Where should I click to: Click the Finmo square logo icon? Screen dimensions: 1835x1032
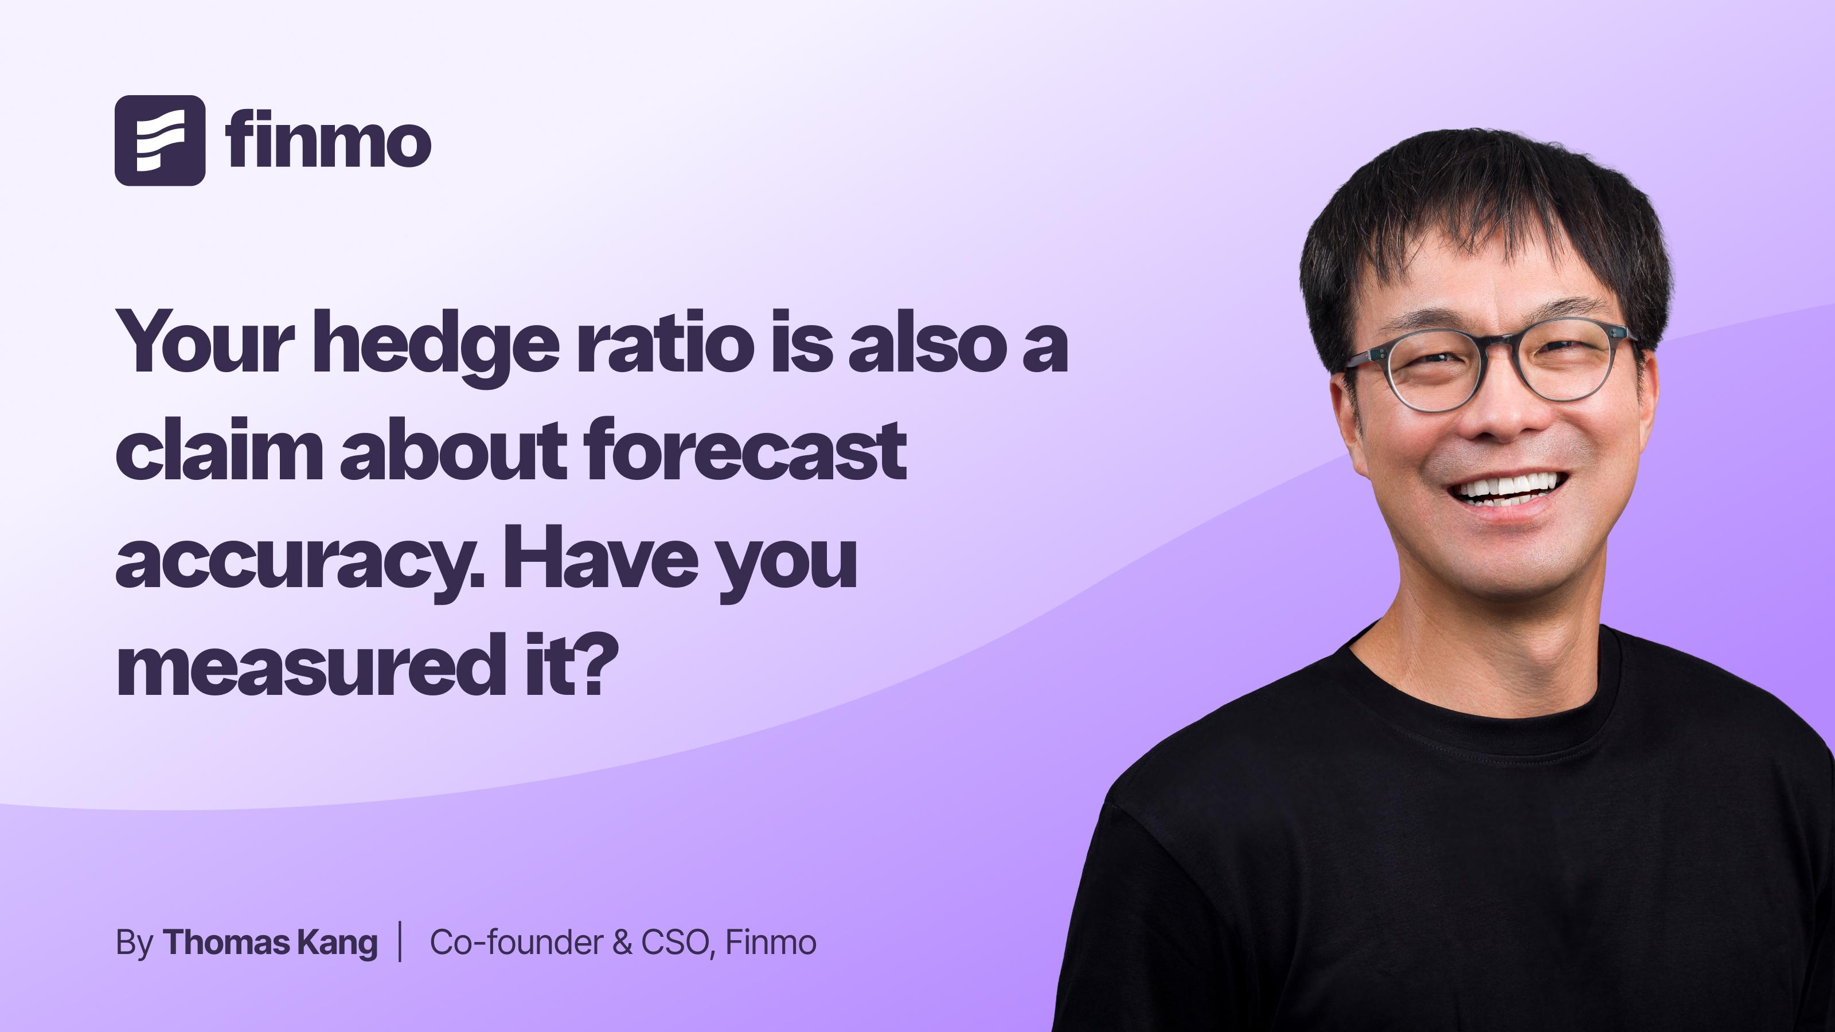tap(159, 140)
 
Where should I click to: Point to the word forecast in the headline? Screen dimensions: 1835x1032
tap(744, 449)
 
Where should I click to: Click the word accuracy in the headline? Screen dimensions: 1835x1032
tap(300, 562)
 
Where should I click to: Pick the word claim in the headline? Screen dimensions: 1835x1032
tap(220, 449)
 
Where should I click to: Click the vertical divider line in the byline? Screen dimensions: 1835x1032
tap(400, 941)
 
